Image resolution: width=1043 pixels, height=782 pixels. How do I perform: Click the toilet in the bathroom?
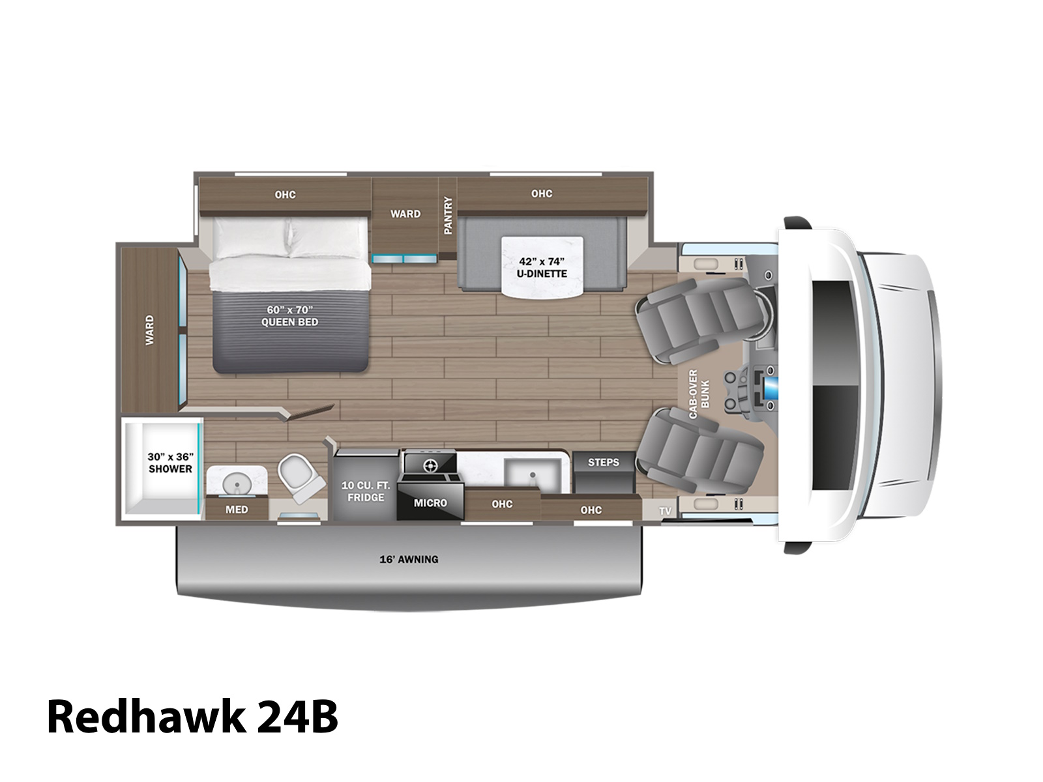[301, 478]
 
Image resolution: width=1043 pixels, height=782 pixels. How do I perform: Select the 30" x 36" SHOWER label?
[170, 463]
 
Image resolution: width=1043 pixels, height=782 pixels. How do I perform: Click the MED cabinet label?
[237, 510]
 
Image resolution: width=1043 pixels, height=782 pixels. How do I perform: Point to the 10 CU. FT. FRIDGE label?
[366, 491]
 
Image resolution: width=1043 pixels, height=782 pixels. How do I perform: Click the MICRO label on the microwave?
[430, 503]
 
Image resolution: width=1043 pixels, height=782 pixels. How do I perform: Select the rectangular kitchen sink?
[533, 476]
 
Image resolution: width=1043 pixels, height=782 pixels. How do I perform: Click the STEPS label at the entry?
[604, 463]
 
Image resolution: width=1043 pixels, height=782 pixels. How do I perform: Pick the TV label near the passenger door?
[666, 512]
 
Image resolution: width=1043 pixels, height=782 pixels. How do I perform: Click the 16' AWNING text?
[409, 559]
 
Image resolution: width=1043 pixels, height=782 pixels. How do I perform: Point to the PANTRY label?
[448, 216]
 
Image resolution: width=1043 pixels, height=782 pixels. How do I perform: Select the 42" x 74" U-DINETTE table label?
[542, 267]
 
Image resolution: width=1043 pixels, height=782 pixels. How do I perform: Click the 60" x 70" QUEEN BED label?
[289, 316]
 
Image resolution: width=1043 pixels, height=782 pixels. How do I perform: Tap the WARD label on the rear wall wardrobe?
[150, 330]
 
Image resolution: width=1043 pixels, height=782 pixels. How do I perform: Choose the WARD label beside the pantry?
[405, 214]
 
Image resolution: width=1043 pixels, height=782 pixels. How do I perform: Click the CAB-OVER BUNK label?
[699, 394]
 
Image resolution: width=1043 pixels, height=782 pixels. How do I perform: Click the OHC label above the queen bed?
[285, 195]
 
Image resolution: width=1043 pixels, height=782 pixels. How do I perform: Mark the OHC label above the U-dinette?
[542, 194]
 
